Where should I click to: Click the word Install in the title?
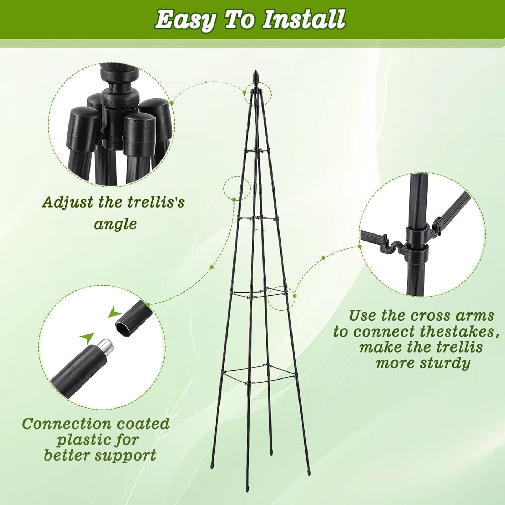(x=303, y=20)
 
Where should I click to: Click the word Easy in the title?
(x=185, y=20)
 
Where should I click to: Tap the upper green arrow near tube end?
(x=114, y=312)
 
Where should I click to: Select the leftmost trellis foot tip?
(x=212, y=466)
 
